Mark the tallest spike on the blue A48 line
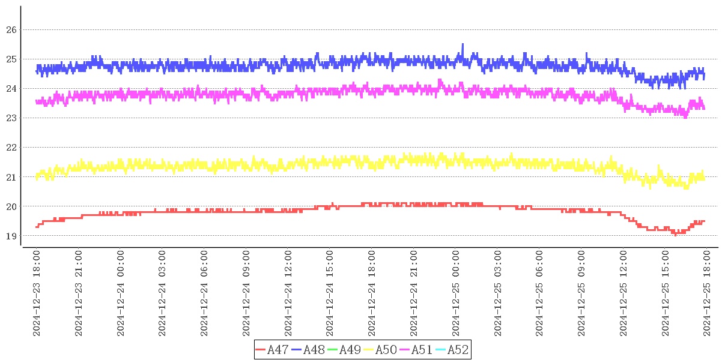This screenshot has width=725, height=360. coord(463,44)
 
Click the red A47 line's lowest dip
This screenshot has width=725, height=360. coord(675,235)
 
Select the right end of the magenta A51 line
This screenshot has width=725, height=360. coord(704,108)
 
